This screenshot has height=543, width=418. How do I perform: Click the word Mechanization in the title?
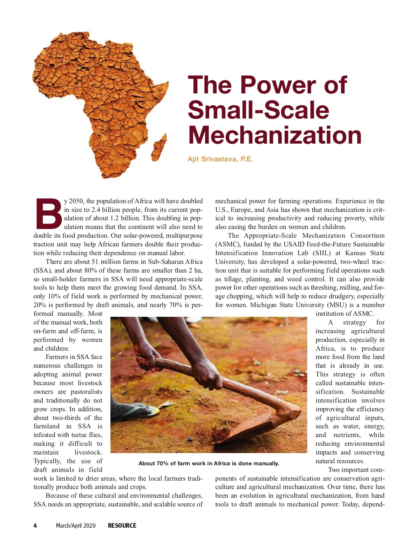click(x=275, y=135)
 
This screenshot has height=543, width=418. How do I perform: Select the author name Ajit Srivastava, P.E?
click(x=220, y=159)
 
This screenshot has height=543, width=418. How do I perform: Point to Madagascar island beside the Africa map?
click(x=160, y=147)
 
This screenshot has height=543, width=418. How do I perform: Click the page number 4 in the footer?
click(x=35, y=526)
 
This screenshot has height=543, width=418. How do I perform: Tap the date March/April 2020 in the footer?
click(x=76, y=526)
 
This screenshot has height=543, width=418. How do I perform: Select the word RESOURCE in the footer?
click(x=122, y=526)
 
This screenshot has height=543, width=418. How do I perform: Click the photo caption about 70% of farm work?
click(x=209, y=464)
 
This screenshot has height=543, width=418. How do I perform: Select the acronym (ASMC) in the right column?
click(x=227, y=244)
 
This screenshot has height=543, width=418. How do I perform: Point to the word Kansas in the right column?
click(x=356, y=253)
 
